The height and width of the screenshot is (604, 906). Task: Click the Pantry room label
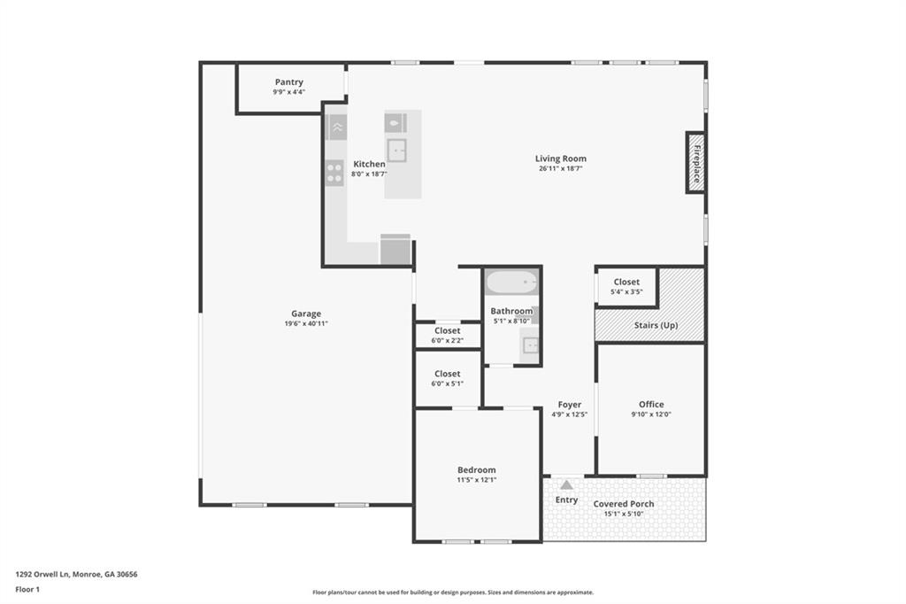pyautogui.click(x=288, y=82)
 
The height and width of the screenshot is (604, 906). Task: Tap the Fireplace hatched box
pyautogui.click(x=695, y=162)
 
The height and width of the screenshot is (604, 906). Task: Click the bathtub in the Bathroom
pyautogui.click(x=512, y=283)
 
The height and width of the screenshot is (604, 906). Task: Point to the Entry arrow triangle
pyautogui.click(x=566, y=484)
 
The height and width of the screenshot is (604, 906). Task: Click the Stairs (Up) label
pyautogui.click(x=656, y=325)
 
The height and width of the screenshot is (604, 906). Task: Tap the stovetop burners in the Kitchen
pyautogui.click(x=334, y=172)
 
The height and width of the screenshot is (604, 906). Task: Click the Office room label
pyautogui.click(x=651, y=405)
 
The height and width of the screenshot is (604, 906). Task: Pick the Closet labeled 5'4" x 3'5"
pyautogui.click(x=626, y=286)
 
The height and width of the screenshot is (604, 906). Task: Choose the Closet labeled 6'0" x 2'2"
pyautogui.click(x=447, y=335)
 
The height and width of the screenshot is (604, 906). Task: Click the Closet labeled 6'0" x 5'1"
pyautogui.click(x=447, y=378)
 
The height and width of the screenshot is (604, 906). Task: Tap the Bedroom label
pyautogui.click(x=476, y=469)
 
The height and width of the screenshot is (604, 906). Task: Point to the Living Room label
pyautogui.click(x=561, y=159)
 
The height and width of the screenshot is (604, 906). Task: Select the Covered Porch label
pyautogui.click(x=624, y=504)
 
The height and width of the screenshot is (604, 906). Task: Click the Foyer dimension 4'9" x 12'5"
pyautogui.click(x=569, y=414)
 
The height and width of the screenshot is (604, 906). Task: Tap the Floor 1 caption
pyautogui.click(x=27, y=588)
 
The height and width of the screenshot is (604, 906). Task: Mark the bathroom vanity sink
pyautogui.click(x=529, y=345)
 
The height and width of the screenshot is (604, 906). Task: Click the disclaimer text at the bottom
pyautogui.click(x=452, y=592)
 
